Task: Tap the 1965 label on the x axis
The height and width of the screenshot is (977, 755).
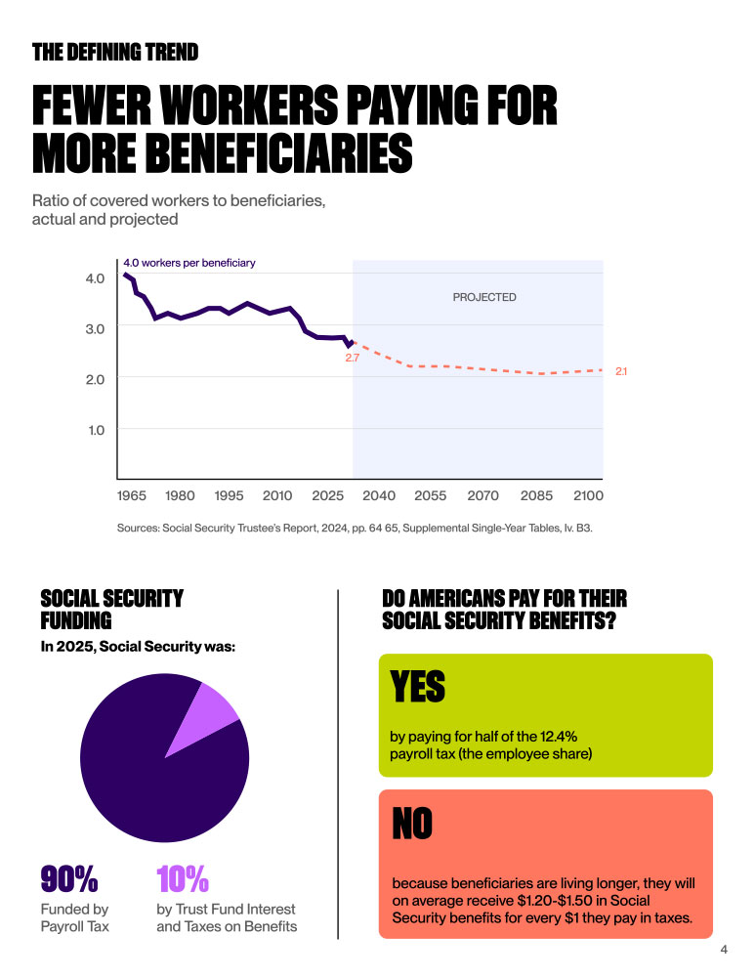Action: coord(132,495)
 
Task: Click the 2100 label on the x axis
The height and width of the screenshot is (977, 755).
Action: coord(587,495)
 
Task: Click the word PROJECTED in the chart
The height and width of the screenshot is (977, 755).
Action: coord(483,297)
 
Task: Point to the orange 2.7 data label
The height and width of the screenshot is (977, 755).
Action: coord(353,359)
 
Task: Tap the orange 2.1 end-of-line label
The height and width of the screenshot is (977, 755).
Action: coord(621,371)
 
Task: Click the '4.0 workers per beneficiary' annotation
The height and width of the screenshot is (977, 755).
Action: coord(189,263)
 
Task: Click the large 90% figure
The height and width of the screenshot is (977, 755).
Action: coord(69,880)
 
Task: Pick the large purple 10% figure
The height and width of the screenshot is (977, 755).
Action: coord(183,880)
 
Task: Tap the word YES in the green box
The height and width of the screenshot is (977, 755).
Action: coord(418,687)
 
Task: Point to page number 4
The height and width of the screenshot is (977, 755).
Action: coord(724,950)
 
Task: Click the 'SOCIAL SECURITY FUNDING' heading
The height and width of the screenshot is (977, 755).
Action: coord(111,609)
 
